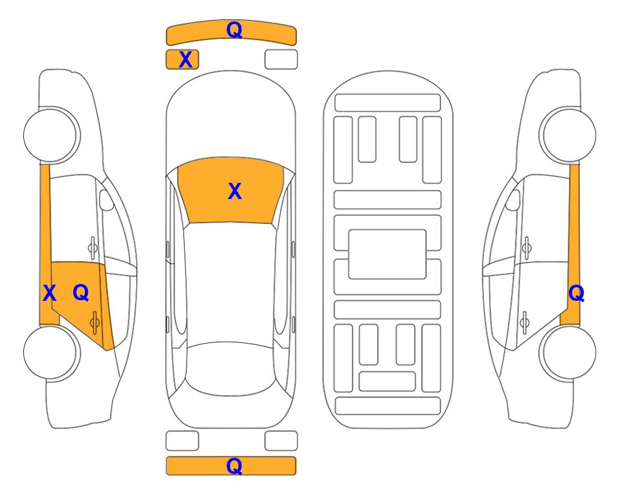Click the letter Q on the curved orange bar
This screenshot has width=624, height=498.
[234, 30]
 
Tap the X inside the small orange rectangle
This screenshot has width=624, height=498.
[185, 60]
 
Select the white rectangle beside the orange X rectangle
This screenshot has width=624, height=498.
[281, 60]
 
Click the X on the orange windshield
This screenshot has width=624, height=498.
[235, 191]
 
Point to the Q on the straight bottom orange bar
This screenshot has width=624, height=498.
[234, 466]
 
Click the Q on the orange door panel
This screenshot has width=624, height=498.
[81, 293]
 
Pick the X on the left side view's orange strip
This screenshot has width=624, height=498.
[49, 293]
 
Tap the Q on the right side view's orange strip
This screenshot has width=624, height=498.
[576, 294]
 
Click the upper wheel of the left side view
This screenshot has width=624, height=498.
[52, 135]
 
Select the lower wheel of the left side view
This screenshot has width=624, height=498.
[52, 352]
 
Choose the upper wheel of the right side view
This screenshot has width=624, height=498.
[568, 135]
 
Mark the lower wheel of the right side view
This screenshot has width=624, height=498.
[568, 352]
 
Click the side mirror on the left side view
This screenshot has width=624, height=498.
[106, 200]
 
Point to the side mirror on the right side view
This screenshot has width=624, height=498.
[513, 200]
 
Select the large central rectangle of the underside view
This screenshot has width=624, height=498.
[387, 254]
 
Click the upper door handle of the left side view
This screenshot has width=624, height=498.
[93, 248]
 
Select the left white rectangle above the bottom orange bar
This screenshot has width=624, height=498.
[182, 441]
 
